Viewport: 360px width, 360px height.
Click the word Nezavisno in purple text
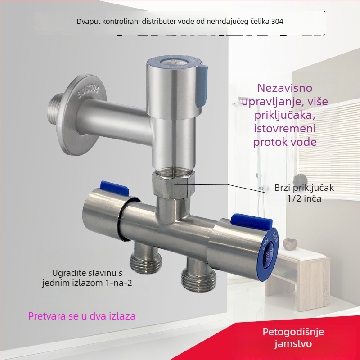click(284, 88)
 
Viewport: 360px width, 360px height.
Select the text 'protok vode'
click(284, 142)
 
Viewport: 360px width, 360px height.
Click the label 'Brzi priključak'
click(304, 188)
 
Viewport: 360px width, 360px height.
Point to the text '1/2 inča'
click(304, 198)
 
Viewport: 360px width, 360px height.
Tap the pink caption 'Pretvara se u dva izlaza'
click(82, 316)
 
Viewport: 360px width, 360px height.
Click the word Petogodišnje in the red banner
click(293, 332)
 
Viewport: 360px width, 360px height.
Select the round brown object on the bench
click(290, 244)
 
